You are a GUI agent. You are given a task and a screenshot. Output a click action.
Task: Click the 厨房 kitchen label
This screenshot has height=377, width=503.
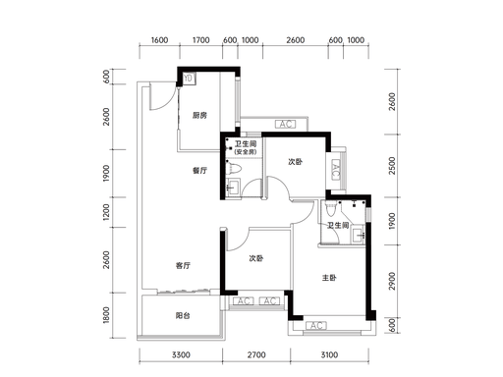[x=199, y=115]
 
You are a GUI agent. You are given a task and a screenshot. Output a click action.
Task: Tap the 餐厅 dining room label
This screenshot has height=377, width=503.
[x=199, y=171]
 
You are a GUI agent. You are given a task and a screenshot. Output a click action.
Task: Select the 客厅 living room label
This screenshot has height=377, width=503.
[x=183, y=265]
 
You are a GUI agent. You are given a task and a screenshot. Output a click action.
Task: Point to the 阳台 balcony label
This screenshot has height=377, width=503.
[x=183, y=316]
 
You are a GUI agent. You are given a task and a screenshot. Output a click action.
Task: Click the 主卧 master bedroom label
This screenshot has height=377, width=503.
[x=329, y=278]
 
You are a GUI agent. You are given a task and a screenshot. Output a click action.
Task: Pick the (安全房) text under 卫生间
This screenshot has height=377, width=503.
[x=246, y=152]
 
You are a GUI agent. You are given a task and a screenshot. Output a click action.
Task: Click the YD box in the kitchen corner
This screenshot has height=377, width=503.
[x=188, y=79]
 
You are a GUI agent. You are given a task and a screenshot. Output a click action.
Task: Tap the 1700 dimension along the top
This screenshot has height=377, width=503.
[x=200, y=40]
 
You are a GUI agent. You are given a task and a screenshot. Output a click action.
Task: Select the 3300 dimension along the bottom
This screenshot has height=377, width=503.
[x=181, y=354]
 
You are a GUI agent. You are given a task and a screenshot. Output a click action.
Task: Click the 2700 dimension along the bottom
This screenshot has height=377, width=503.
[x=256, y=354]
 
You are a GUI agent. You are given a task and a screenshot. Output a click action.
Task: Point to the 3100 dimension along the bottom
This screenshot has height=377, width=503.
[x=329, y=354]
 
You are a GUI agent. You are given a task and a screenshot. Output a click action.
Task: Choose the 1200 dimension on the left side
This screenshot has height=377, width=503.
[x=106, y=212]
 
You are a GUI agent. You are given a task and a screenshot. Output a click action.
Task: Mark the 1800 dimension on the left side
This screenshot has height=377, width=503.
[x=106, y=315]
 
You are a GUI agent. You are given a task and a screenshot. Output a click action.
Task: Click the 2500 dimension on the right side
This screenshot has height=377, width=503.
[x=392, y=166]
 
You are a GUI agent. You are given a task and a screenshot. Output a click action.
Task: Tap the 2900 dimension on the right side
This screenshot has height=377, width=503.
[x=392, y=281]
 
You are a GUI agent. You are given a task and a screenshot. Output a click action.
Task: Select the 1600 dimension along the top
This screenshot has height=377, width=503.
[x=159, y=40]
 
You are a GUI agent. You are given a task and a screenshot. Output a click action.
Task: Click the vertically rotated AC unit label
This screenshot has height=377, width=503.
[x=336, y=169]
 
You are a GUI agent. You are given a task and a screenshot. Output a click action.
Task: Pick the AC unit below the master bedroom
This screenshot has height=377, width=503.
[x=316, y=326]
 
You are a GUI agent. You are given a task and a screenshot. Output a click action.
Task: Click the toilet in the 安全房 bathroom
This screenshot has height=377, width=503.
[x=234, y=168]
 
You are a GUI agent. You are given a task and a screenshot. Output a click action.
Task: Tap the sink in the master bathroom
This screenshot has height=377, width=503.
[x=359, y=235]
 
